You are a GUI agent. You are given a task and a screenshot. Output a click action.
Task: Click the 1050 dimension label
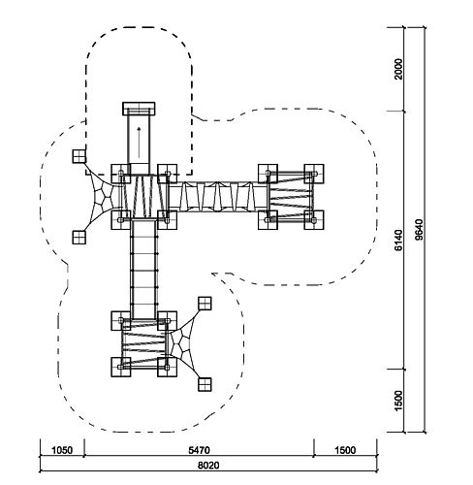tap(62, 450)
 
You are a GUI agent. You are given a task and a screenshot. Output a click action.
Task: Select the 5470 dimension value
tap(199, 450)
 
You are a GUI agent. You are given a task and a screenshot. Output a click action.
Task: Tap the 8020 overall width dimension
tap(208, 466)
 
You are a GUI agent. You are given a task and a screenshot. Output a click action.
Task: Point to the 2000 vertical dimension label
tap(398, 69)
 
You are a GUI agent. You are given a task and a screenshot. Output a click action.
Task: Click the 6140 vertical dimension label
tap(398, 241)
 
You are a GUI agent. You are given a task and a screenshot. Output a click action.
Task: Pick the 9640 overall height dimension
tap(419, 230)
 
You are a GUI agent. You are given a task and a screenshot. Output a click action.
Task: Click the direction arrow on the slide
tap(139, 143)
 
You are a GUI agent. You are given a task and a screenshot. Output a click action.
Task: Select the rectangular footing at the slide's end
tap(139, 109)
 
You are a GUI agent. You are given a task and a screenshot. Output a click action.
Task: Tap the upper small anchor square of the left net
tap(79, 156)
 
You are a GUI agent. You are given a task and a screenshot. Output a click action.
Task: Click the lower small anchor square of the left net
tap(79, 237)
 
